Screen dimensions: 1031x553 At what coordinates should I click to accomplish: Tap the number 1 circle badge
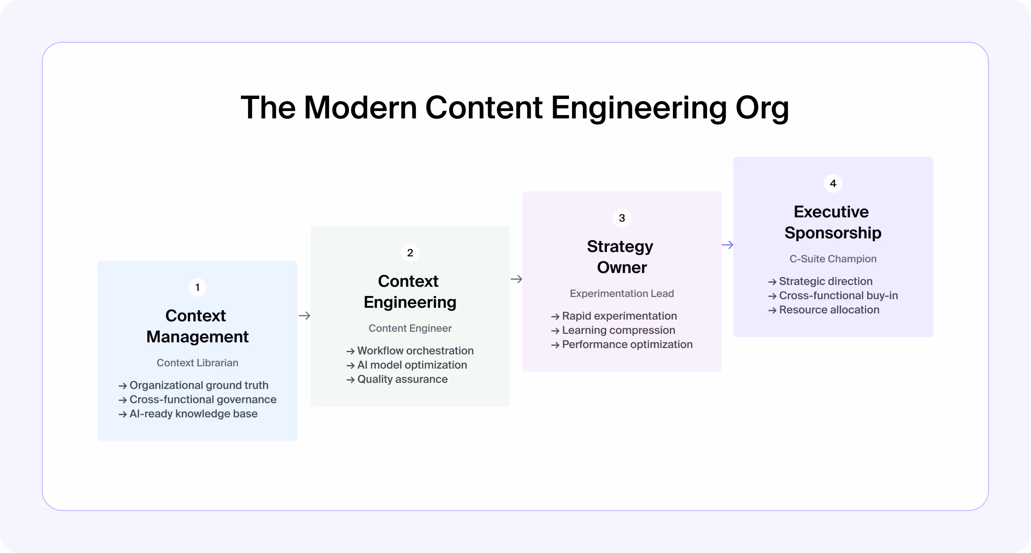[197, 288]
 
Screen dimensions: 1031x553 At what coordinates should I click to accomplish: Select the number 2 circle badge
[410, 253]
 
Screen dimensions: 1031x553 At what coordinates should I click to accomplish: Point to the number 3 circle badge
[621, 218]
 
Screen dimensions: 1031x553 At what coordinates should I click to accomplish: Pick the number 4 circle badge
[833, 184]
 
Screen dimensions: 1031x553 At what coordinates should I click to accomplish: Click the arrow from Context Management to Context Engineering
[304, 316]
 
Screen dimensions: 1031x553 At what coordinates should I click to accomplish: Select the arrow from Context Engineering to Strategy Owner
[516, 279]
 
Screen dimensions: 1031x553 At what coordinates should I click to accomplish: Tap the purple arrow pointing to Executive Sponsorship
[727, 244]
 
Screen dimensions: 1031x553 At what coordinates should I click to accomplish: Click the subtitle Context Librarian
[197, 363]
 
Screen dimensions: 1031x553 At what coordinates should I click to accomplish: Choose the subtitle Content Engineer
[410, 328]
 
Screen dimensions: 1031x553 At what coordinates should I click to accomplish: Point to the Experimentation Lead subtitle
[621, 294]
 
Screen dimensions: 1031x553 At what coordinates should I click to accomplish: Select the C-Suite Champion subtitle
[833, 259]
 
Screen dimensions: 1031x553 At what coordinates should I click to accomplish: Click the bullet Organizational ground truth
[198, 385]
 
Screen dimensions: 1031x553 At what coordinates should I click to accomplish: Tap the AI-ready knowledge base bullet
[193, 413]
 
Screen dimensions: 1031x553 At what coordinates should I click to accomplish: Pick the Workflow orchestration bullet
[415, 351]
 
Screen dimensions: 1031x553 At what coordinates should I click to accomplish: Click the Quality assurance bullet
[402, 379]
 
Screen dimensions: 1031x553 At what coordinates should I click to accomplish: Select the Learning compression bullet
[618, 331]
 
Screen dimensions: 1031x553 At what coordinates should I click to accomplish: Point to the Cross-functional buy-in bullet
[838, 296]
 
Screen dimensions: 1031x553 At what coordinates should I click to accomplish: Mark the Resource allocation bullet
[829, 310]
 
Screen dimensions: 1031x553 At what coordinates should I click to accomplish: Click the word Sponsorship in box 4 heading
[833, 233]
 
